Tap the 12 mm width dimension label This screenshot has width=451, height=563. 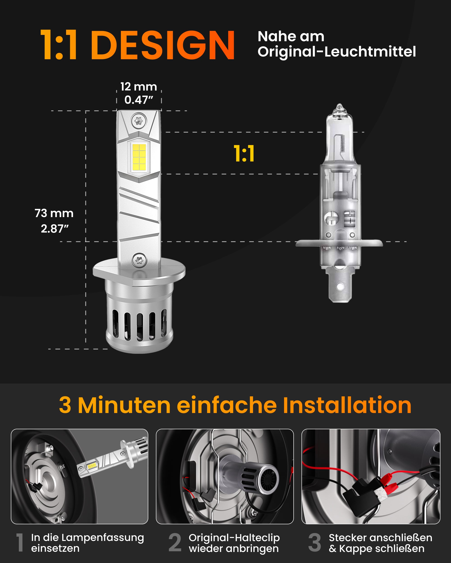click(138, 87)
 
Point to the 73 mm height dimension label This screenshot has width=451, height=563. click(54, 213)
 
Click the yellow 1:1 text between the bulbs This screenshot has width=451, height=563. click(244, 154)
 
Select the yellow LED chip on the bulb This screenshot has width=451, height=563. click(139, 157)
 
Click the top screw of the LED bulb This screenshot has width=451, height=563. click(139, 121)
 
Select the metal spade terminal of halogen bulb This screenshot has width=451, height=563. click(340, 287)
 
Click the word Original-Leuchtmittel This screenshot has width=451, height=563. click(336, 52)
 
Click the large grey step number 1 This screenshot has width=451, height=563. click(20, 543)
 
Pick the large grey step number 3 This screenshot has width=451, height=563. click(315, 543)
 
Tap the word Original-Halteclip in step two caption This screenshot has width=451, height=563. click(234, 538)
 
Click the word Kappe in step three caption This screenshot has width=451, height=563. click(355, 549)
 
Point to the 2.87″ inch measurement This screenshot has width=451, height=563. click(54, 229)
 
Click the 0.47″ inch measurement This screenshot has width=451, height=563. click(138, 100)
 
